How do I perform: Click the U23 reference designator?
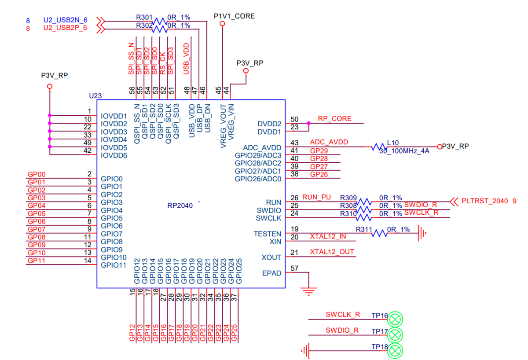95,96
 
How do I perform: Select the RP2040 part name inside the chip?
180,205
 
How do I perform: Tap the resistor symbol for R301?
159,21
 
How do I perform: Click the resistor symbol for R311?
380,233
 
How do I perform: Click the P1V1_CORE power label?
234,16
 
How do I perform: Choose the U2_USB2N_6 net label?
65,20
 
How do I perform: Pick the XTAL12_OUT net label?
332,252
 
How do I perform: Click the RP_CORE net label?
334,119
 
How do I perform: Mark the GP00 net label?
37,174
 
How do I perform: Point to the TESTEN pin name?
267,234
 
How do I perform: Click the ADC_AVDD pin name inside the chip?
262,147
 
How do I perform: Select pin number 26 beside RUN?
294,198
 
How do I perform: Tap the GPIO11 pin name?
114,265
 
